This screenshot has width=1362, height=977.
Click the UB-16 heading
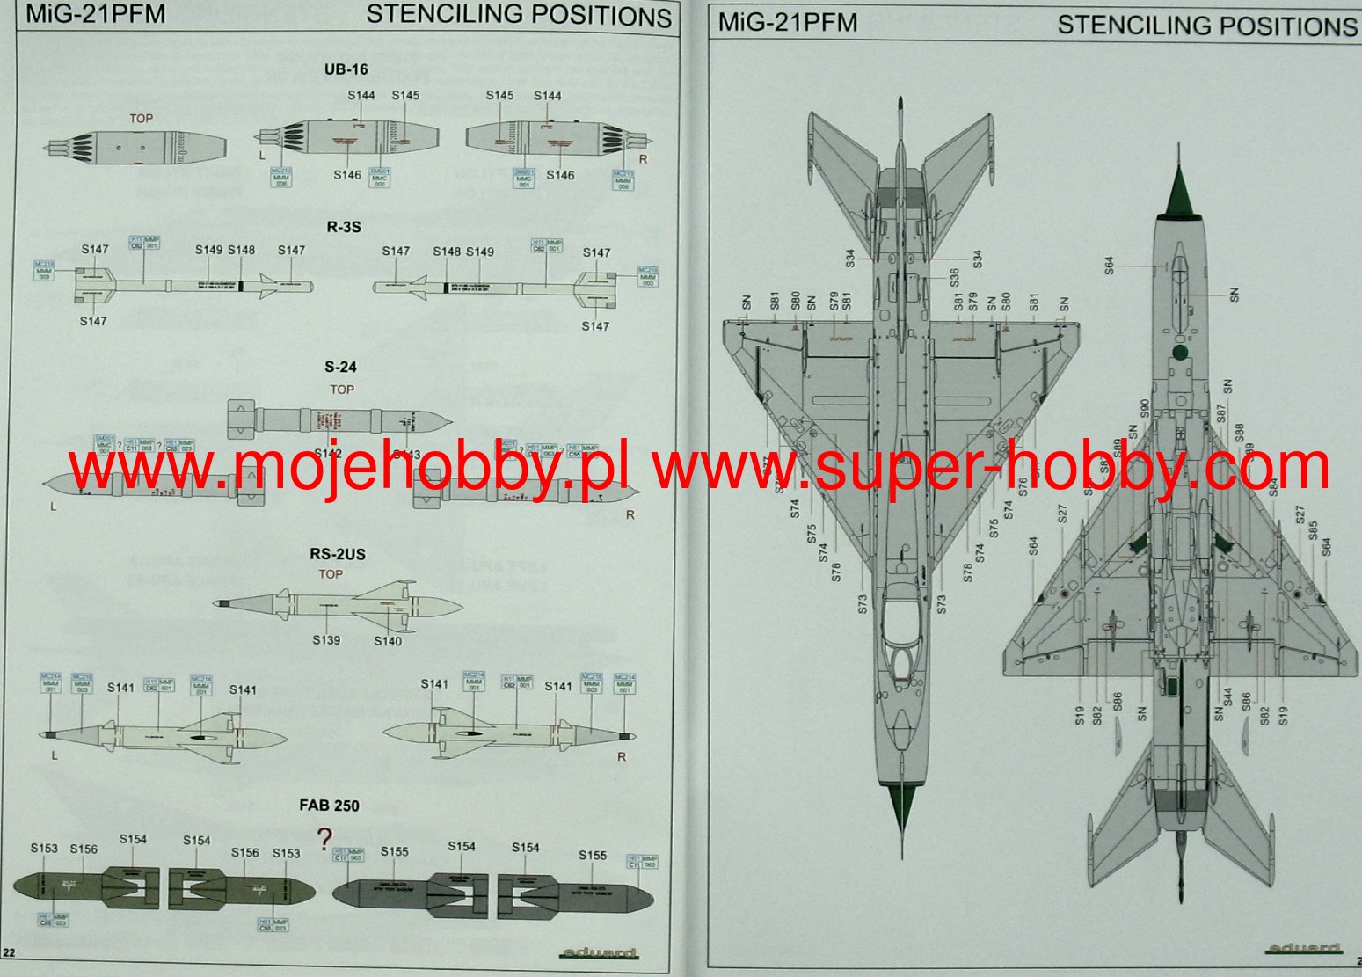pos(346,69)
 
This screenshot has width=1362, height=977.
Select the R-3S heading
pos(344,227)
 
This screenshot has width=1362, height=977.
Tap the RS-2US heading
pos(337,554)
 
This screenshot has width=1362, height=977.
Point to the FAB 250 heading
pos(329,806)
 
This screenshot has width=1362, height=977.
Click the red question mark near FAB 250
pos(325,836)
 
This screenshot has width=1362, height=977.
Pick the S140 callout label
pos(388,641)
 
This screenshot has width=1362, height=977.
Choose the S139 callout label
pos(326,640)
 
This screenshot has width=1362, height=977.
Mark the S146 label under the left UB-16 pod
pos(347,175)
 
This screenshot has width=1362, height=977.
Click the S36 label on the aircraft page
pos(954,278)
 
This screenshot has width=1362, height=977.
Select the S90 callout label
pos(1144,409)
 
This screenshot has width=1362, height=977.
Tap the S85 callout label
pos(1313,530)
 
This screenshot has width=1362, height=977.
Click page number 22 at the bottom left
pos(10,951)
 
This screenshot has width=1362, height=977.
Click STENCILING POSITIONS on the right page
pos(1206,26)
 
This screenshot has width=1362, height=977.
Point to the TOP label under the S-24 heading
pos(342,390)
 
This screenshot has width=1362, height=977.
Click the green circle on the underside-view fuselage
pos(1180,353)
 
